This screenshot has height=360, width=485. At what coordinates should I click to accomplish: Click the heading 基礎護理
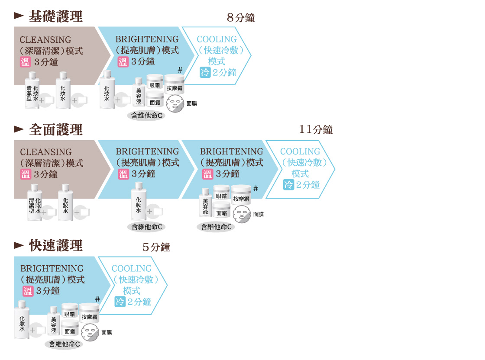pyautogui.click(x=56, y=16)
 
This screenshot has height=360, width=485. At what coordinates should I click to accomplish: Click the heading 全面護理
pyautogui.click(x=56, y=129)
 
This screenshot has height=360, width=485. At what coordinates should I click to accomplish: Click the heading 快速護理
pyautogui.click(x=56, y=246)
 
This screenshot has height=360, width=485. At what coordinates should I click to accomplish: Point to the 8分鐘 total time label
pyautogui.click(x=241, y=18)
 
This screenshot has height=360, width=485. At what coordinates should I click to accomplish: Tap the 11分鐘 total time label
pyautogui.click(x=316, y=129)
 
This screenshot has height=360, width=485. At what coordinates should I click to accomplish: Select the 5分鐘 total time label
pyautogui.click(x=156, y=247)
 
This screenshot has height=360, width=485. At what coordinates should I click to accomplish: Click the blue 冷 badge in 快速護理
pyautogui.click(x=120, y=302)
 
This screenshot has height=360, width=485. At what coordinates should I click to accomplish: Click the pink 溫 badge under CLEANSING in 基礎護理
pyautogui.click(x=25, y=62)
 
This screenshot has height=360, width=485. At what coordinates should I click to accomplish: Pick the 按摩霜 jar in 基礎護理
pyautogui.click(x=175, y=84)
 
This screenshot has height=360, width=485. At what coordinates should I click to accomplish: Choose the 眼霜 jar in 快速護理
pyautogui.click(x=70, y=311)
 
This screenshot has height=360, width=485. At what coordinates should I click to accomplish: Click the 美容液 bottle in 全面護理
pyautogui.click(x=205, y=202)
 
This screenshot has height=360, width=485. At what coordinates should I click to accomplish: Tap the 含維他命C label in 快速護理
pyautogui.click(x=64, y=344)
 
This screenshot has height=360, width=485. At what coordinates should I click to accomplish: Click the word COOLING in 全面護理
pyautogui.click(x=300, y=151)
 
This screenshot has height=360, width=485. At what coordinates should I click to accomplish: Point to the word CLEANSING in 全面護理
pyautogui.click(x=46, y=152)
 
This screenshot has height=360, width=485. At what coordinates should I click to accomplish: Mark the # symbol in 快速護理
pyautogui.click(x=97, y=299)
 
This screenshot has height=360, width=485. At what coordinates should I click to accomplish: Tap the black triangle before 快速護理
pyautogui.click(x=19, y=245)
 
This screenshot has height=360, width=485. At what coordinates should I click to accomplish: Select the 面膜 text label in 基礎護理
pyautogui.click(x=192, y=103)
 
